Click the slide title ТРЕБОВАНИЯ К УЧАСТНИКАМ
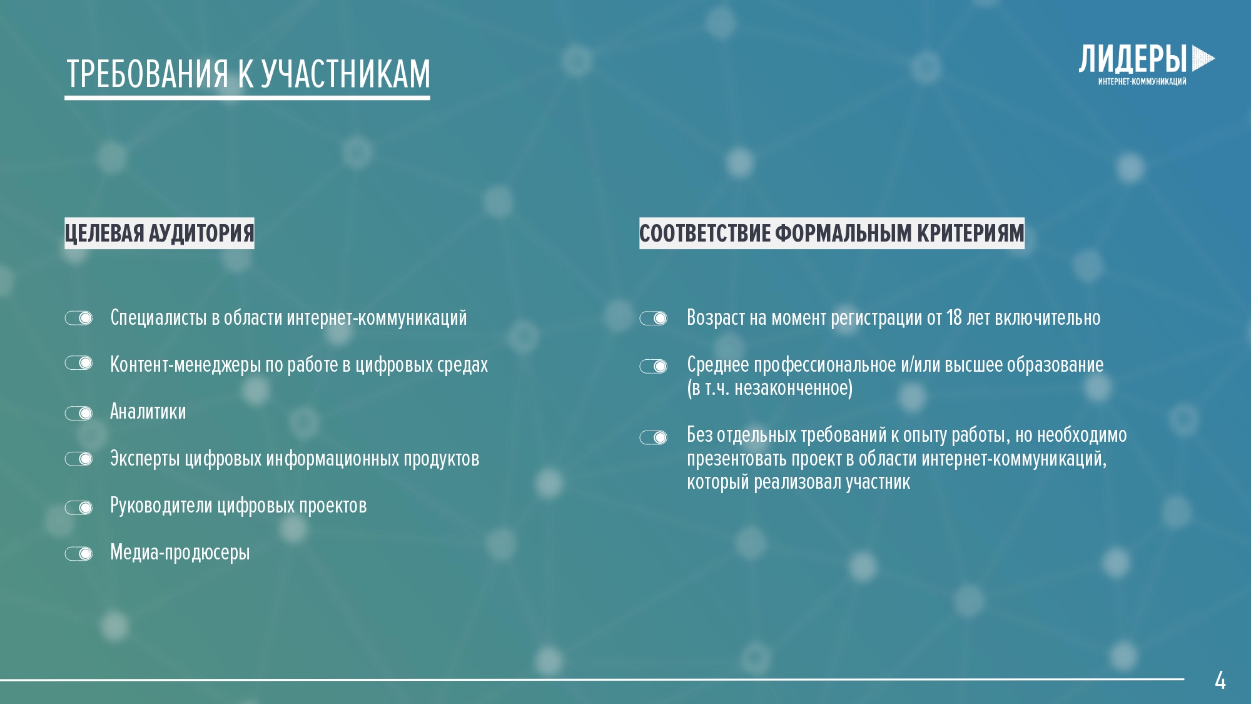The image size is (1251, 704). coord(248,74)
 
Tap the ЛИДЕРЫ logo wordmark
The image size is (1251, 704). coord(1133,59)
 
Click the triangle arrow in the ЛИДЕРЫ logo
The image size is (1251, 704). coord(1203,59)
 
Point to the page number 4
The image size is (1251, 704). coord(1220,680)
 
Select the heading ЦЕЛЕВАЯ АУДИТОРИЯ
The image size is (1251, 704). coord(160,233)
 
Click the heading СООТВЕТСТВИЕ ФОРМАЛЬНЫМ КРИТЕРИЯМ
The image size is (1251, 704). coord(832,233)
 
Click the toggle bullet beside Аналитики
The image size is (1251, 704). coord(79,413)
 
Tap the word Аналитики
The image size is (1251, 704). coord(148,412)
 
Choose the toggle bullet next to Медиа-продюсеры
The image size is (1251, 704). coord(79,554)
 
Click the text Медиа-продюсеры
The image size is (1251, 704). coord(180,553)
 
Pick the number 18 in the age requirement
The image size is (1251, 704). coord(954,318)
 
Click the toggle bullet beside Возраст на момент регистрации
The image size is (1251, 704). coord(654,319)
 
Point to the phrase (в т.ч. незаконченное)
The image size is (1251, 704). coord(770,389)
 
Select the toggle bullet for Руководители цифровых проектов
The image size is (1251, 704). coord(79,507)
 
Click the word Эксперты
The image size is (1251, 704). coord(145,459)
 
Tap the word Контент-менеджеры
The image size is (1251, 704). coord(186,365)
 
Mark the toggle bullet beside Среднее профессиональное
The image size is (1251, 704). coord(654,366)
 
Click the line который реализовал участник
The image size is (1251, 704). coord(799,482)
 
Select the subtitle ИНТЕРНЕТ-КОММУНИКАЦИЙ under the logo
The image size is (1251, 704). coord(1142,81)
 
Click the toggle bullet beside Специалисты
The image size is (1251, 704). coord(79,319)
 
